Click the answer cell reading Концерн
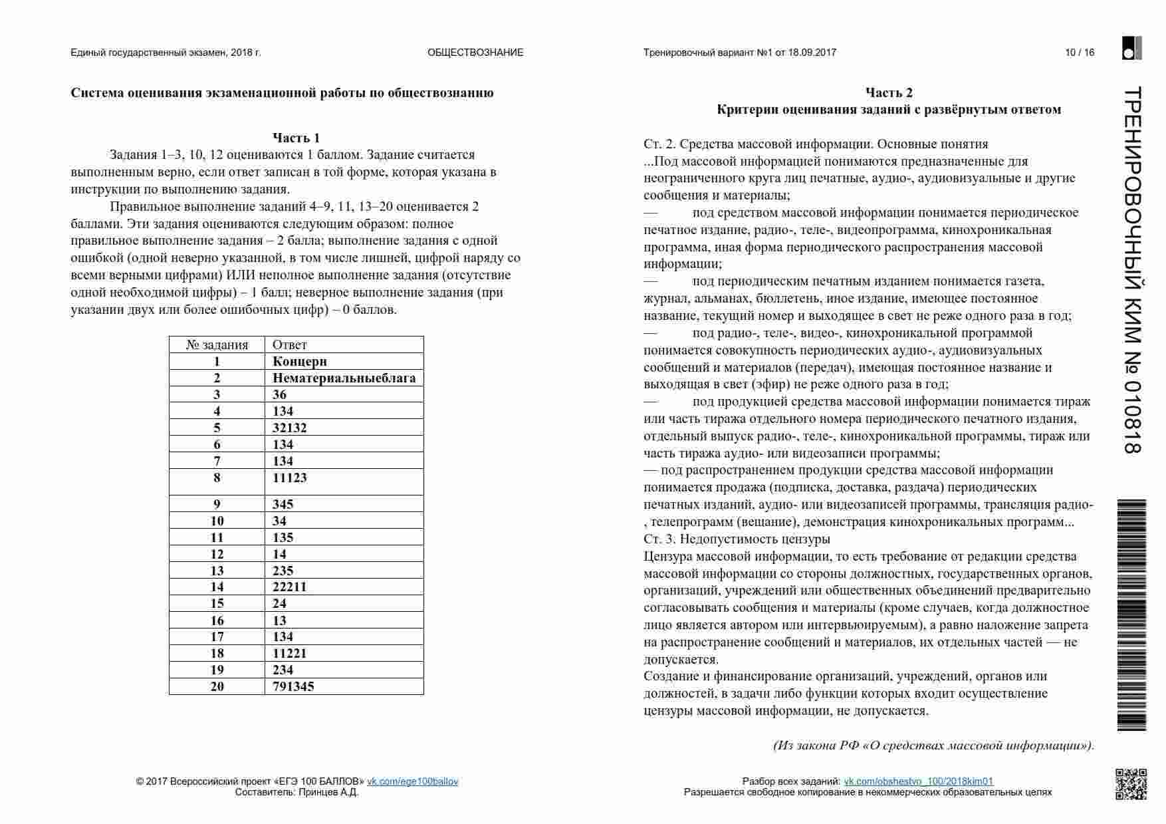tap(300, 361)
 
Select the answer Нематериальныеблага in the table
tap(344, 378)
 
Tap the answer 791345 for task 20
tap(293, 686)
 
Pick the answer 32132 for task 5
tap(290, 428)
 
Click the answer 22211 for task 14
tap(290, 587)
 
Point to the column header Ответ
tap(290, 344)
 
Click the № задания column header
tap(217, 344)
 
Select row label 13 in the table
tap(217, 571)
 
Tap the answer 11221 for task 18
tap(290, 653)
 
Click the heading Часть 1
tap(296, 138)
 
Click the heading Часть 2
tap(889, 92)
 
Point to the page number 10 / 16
tap(1080, 53)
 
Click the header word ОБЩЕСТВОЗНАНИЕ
tap(475, 53)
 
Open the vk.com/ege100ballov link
tap(413, 781)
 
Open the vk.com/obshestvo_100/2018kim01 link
tap(918, 781)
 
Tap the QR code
tap(1131, 784)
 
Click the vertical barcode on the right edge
tap(1132, 615)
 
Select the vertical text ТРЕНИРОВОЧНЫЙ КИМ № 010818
tap(1132, 269)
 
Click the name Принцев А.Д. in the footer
tap(328, 792)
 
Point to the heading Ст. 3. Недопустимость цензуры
tap(737, 539)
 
